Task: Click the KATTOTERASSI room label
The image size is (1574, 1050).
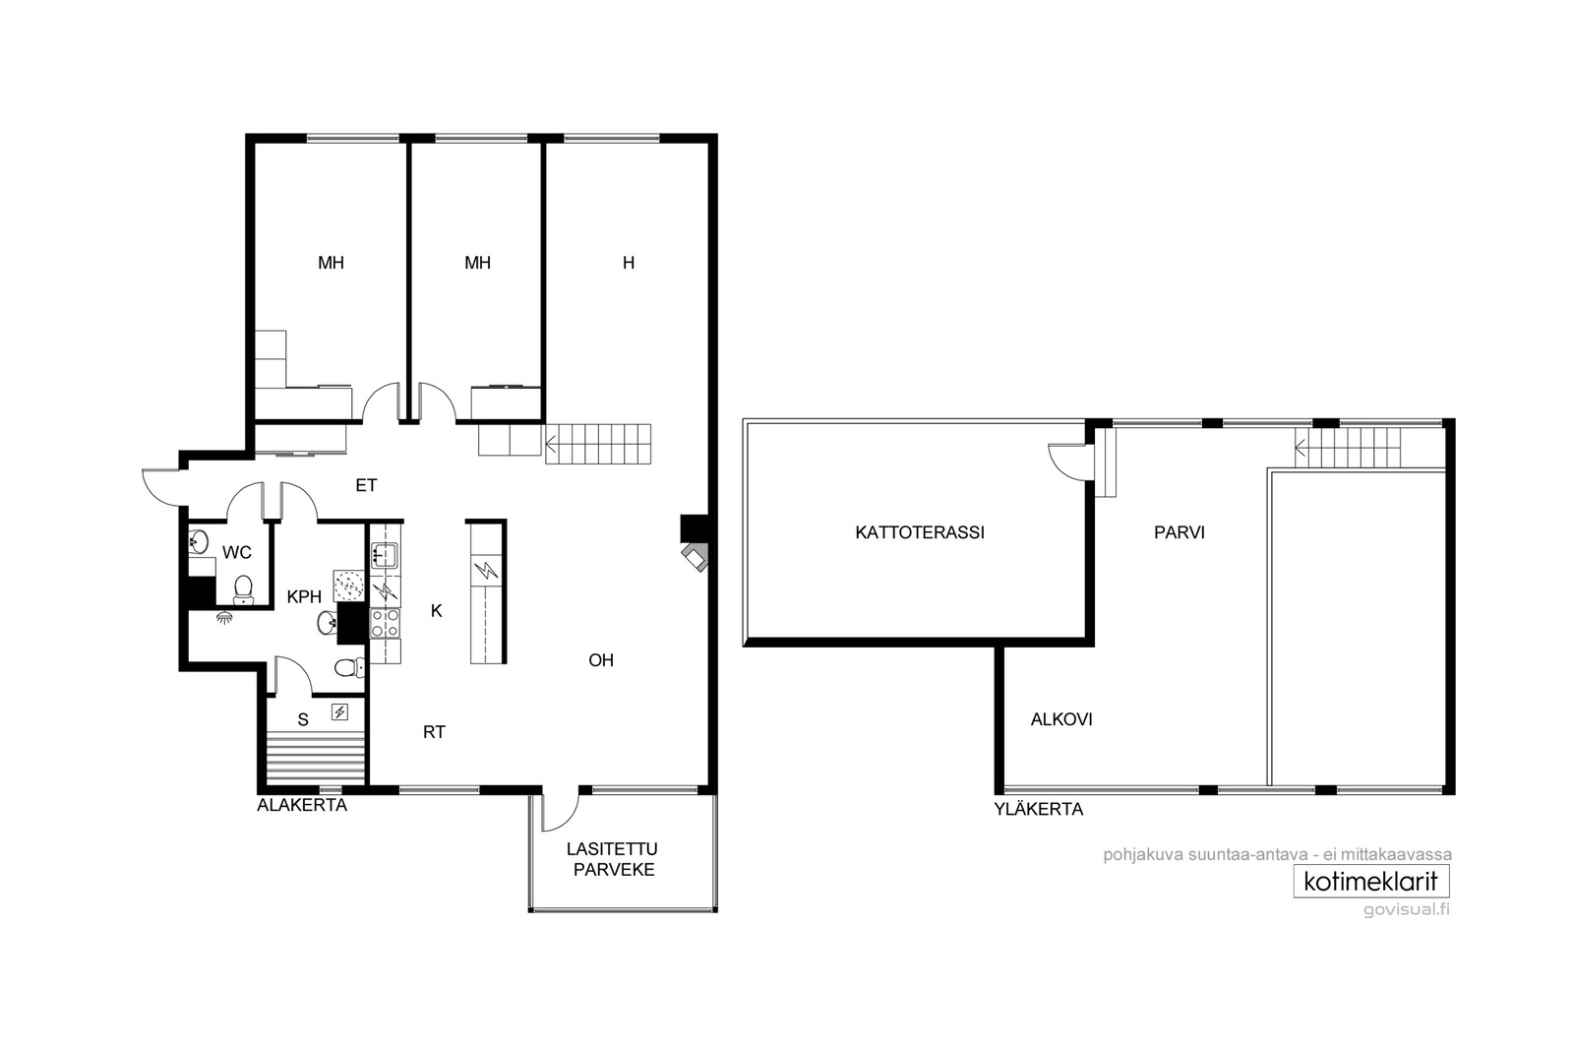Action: point(919,532)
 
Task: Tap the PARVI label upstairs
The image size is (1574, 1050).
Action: point(1180,532)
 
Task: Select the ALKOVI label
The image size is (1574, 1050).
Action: point(1061,719)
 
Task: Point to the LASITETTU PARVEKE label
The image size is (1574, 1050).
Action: point(613,859)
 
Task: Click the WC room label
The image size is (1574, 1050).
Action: point(237,552)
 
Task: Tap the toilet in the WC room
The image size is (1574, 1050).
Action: point(243,589)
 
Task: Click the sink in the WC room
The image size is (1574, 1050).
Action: point(198,542)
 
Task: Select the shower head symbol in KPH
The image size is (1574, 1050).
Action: point(224,618)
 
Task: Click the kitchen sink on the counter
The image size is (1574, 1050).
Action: point(385,555)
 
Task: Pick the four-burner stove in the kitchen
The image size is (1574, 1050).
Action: point(385,623)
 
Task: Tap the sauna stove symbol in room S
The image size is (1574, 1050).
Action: point(340,712)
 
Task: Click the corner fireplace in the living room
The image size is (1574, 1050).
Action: point(695,557)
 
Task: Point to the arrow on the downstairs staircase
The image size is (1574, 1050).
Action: point(551,444)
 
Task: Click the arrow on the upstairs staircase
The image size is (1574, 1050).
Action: point(1301,448)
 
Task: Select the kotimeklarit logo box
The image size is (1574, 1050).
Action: point(1371,882)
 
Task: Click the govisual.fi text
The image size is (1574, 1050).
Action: point(1407,910)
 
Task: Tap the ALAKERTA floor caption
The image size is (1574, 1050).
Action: point(302,805)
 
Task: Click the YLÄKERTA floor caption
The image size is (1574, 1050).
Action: point(1039,809)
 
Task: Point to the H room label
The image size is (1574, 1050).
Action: point(629,263)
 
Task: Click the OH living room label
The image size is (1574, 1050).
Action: point(601,660)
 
